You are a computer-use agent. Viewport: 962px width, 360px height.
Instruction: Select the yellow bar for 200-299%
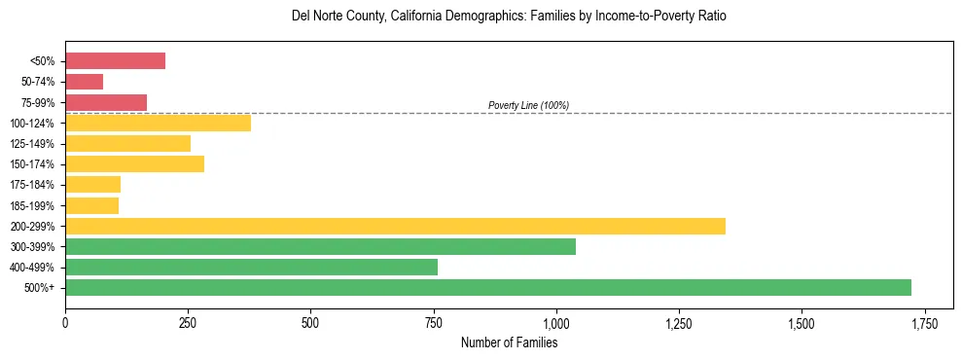pos(395,226)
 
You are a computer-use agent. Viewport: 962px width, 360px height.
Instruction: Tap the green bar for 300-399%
pos(320,246)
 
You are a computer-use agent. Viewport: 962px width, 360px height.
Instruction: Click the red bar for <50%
pos(115,61)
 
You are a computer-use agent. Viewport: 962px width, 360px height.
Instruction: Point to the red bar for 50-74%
pos(84,82)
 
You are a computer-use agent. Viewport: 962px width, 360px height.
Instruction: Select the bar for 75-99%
pos(106,102)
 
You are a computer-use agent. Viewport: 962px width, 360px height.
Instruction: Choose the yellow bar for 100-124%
pos(158,123)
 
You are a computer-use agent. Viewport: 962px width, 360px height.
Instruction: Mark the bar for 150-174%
pos(134,163)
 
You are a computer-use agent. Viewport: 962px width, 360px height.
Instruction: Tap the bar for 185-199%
pos(91,205)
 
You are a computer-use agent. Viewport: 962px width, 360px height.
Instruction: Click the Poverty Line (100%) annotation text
pos(528,105)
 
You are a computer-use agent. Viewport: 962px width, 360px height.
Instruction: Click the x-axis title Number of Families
pos(509,342)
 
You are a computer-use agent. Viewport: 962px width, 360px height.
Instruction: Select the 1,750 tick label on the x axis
pos(924,322)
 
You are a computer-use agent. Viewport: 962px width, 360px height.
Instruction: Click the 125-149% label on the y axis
pos(33,144)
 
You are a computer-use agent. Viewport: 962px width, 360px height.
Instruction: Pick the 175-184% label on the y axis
pos(33,185)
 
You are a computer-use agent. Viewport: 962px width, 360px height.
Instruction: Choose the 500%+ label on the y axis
pos(40,288)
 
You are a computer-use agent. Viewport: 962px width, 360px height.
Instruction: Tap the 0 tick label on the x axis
pos(65,322)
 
